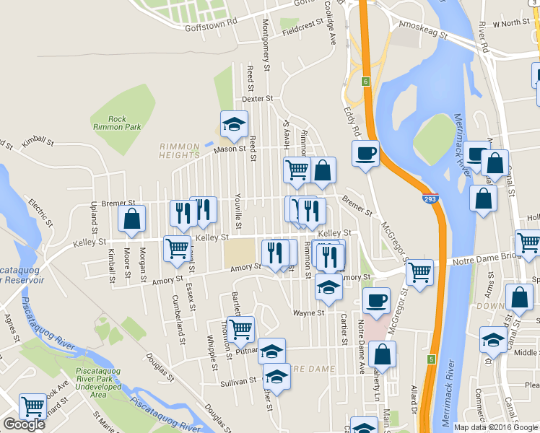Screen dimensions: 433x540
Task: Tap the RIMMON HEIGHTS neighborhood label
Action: click(x=179, y=151)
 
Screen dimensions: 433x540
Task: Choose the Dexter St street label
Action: click(x=258, y=98)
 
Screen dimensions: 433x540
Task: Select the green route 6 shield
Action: click(x=366, y=80)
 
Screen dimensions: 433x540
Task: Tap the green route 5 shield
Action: click(x=431, y=359)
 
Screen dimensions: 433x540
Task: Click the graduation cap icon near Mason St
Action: click(x=234, y=125)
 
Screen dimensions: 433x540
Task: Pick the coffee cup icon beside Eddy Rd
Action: click(x=365, y=153)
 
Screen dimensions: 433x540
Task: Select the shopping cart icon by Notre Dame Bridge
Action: click(x=419, y=273)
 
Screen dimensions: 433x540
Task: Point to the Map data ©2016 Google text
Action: click(x=495, y=427)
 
